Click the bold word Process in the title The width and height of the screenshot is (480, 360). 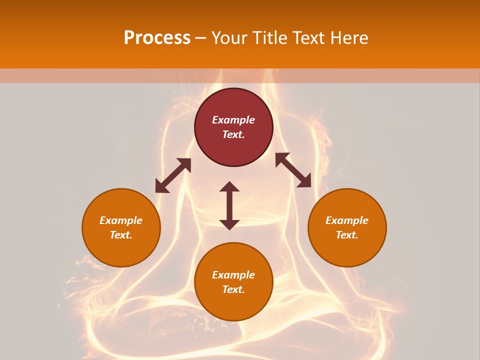tap(157, 38)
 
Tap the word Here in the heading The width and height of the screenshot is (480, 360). tap(349, 38)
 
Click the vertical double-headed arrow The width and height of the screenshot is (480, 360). tap(229, 205)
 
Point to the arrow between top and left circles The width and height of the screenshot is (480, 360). tap(173, 175)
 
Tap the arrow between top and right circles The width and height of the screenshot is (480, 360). tap(293, 170)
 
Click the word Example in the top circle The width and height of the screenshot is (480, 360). tap(233, 120)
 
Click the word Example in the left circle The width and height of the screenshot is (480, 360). tap(121, 220)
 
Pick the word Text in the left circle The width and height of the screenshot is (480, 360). tap(120, 235)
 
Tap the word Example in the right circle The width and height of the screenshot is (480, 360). tap(347, 220)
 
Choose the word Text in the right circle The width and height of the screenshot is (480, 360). tap(346, 235)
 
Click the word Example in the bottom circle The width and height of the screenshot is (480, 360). tap(233, 275)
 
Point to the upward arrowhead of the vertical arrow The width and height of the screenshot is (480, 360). tap(229, 186)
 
